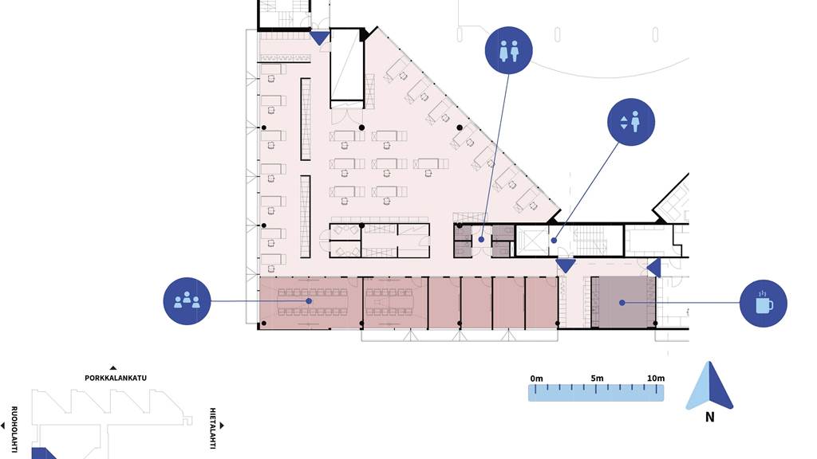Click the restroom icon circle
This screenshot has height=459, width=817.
[x=508, y=50]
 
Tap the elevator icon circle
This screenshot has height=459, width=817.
[x=631, y=122]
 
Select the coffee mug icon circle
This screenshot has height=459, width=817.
[x=764, y=304]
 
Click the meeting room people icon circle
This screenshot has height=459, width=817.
[x=187, y=301]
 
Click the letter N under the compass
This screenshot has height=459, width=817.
[x=709, y=417]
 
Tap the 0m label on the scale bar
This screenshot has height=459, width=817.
[x=536, y=379]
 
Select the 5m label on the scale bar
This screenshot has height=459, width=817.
[x=597, y=379]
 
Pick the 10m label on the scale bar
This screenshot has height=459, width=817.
[x=656, y=379]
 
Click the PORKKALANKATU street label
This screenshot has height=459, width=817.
[x=116, y=379]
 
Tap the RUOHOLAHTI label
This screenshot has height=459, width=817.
[x=14, y=429]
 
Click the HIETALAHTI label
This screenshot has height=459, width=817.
[x=212, y=428]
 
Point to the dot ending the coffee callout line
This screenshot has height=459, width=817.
[x=622, y=302]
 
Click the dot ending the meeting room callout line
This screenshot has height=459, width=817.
[x=309, y=300]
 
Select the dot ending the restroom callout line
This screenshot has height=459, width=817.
[x=481, y=239]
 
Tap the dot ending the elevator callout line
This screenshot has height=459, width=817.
[x=555, y=241]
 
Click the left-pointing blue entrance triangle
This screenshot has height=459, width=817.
[x=655, y=268]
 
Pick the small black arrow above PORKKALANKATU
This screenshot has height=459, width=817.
[x=113, y=368]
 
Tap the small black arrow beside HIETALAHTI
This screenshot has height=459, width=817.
[x=222, y=426]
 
